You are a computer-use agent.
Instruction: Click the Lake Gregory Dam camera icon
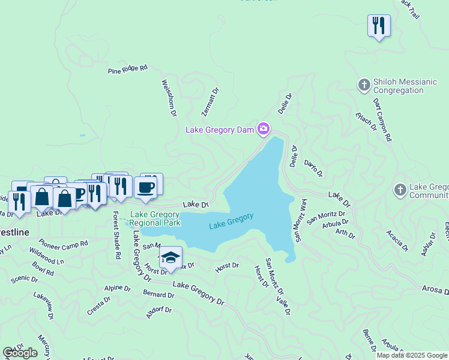(x=264, y=129)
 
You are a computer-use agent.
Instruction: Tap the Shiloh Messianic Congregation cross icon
(x=364, y=85)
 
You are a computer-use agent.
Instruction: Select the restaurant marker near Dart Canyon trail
(x=379, y=26)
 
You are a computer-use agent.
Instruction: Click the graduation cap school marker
(x=170, y=257)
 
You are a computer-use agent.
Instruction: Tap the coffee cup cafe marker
(x=145, y=188)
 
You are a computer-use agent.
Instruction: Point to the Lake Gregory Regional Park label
(x=155, y=218)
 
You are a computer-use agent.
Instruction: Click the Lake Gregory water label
(x=231, y=221)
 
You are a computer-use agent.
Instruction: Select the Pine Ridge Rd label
(x=127, y=70)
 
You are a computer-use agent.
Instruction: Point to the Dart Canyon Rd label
(x=382, y=119)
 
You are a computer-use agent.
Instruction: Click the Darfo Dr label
(x=313, y=168)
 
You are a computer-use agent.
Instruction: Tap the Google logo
(x=20, y=353)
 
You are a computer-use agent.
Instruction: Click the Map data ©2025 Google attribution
(x=411, y=355)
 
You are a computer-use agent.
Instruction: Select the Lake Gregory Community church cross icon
(x=400, y=191)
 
